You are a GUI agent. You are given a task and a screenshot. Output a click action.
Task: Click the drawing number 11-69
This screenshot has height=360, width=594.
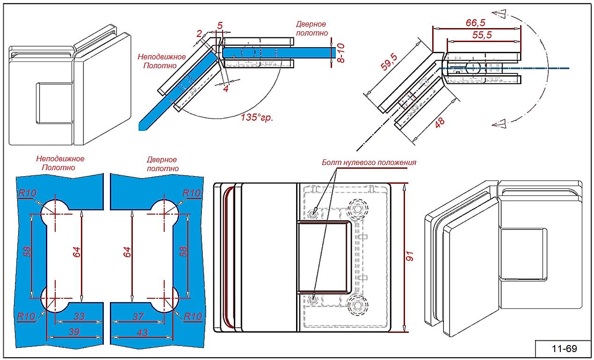coord(564,349)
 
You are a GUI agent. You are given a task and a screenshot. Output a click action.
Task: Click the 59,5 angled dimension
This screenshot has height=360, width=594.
coord(390,61)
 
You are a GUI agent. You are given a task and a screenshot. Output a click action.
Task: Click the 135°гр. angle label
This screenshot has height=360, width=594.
coord(257,117)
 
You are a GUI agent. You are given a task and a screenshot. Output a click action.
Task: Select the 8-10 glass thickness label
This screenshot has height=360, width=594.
coord(340,52)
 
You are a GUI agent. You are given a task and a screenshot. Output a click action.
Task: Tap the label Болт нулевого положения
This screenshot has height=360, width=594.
coord(369,163)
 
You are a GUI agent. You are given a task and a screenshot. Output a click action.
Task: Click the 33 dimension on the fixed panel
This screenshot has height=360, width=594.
coord(79,317)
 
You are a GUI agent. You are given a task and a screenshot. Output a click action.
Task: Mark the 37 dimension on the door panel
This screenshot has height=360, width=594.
coord(138,317)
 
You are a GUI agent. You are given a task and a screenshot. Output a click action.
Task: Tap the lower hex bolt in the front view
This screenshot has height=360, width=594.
coord(358,304)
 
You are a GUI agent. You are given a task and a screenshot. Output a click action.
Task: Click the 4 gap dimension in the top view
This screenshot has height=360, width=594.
coord(226,88)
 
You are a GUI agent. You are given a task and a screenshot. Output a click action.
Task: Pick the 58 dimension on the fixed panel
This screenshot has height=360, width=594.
coord(28,252)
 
